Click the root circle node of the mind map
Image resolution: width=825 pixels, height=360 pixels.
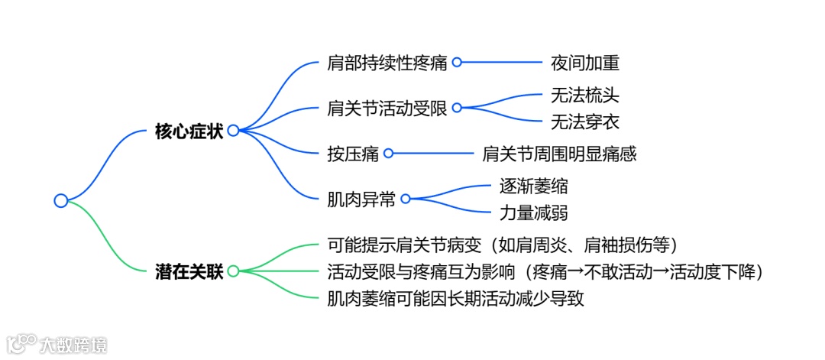point(61,200)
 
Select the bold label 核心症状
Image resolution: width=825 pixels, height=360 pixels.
point(189,131)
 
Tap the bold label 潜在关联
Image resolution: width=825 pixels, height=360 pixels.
point(189,271)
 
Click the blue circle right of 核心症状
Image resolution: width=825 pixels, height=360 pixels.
point(233,131)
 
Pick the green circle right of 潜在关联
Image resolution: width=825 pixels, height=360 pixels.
point(233,271)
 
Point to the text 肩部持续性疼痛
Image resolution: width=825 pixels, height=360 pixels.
point(387,63)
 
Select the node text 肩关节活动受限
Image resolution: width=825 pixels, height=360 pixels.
point(387,108)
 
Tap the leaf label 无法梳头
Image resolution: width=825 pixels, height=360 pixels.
point(584,96)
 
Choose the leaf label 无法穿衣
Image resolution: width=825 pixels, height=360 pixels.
point(584,121)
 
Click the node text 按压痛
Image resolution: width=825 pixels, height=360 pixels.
point(353,154)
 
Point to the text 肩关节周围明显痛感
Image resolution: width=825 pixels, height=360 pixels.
point(559,154)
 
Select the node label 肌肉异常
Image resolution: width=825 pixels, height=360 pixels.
point(361,199)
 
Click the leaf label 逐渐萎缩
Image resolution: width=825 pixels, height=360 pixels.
point(533,186)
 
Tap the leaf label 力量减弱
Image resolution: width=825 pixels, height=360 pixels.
point(533,212)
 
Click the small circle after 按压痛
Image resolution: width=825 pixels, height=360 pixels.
point(388,154)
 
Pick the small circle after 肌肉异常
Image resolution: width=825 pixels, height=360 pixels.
point(406,199)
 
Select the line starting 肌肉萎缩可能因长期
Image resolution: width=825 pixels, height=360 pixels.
point(455,298)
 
